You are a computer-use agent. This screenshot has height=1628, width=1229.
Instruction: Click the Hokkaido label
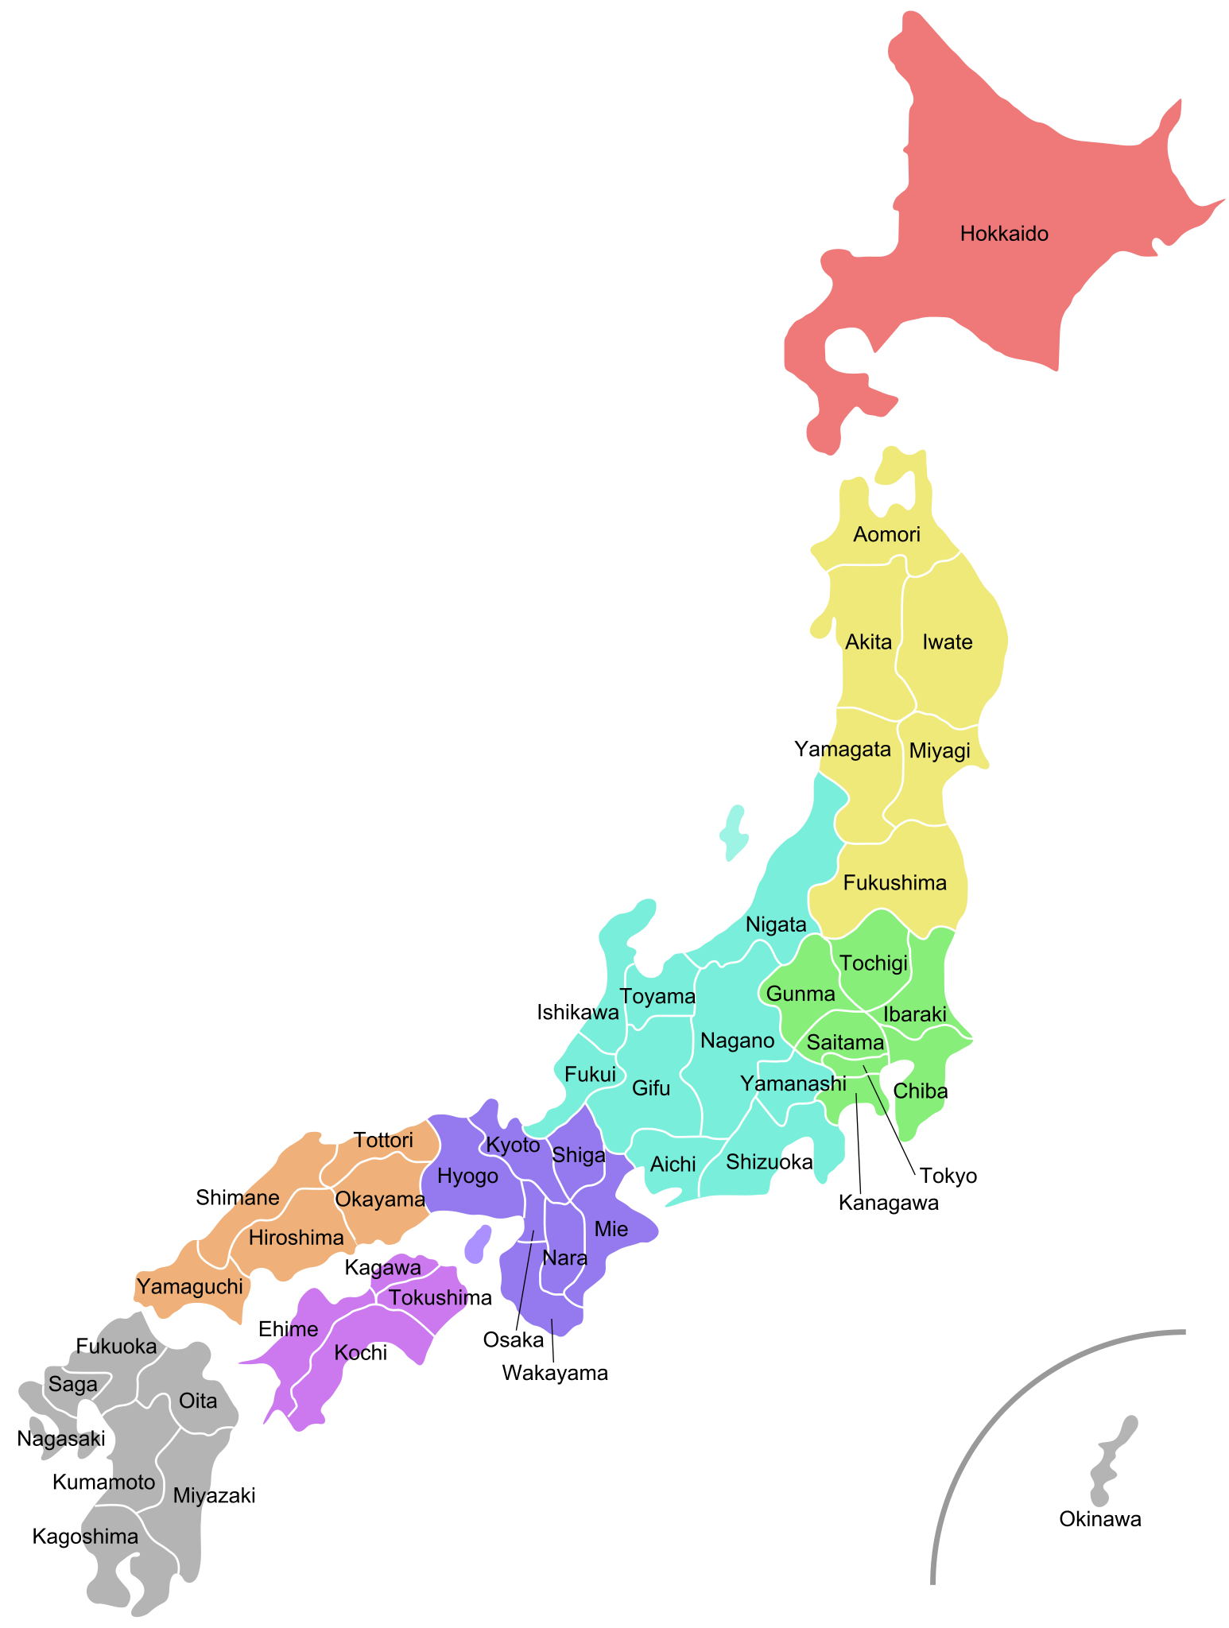tap(1004, 234)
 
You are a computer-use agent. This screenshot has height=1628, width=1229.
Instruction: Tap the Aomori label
tap(886, 534)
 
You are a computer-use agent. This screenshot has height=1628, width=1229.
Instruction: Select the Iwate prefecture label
tap(947, 642)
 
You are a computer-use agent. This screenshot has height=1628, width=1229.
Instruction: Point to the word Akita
tap(868, 642)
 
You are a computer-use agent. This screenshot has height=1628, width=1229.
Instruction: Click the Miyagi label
tap(940, 750)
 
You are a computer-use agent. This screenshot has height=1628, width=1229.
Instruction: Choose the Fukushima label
tap(894, 882)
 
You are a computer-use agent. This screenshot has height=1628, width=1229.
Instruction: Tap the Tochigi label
tap(873, 963)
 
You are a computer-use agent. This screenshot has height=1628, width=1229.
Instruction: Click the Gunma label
tap(801, 994)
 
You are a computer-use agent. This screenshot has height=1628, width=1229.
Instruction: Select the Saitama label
tap(845, 1042)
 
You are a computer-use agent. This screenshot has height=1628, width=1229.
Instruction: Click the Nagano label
tap(737, 1041)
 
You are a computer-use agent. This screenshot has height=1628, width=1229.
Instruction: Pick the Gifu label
tap(651, 1087)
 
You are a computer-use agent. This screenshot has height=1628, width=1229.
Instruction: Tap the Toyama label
tap(657, 996)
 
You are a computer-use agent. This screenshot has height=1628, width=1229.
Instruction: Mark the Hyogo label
tap(468, 1176)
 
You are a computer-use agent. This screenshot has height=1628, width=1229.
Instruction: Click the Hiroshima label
tap(297, 1237)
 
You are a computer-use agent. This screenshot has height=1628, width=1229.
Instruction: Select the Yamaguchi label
tap(189, 1286)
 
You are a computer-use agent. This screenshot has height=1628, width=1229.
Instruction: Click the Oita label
tap(198, 1400)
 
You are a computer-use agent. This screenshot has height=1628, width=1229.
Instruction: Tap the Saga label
tap(73, 1384)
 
